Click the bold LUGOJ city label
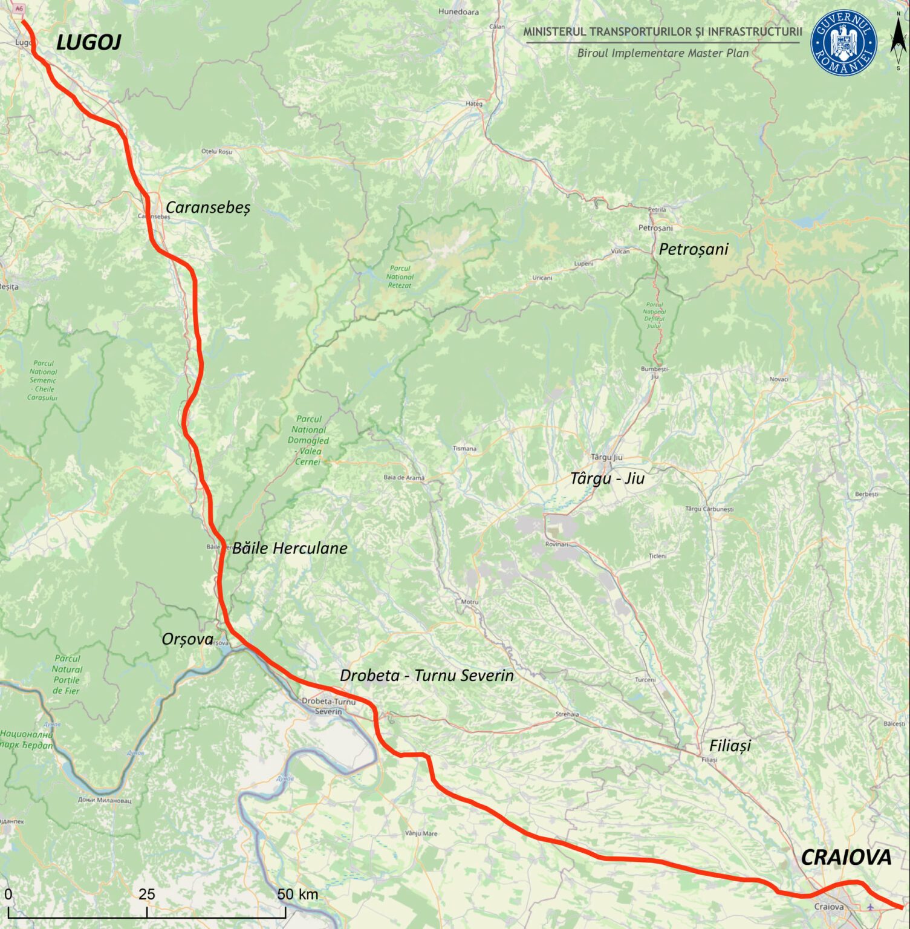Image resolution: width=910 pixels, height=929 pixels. click(88, 42)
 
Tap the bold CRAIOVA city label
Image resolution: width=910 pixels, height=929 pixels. click(845, 857)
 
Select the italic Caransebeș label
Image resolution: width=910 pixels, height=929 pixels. click(207, 207)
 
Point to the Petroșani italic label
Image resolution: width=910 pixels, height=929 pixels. click(693, 249)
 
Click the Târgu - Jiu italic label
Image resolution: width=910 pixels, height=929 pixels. click(607, 478)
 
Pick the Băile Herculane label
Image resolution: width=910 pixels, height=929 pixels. click(290, 549)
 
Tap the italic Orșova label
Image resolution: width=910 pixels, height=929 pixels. click(187, 639)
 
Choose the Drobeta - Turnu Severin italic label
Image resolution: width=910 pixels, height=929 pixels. click(426, 676)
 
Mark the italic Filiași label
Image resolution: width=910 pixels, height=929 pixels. click(730, 746)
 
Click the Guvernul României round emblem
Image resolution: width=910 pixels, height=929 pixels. click(843, 43)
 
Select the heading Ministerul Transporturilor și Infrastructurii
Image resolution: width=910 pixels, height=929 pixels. click(663, 31)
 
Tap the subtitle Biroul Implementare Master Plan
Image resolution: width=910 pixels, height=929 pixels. click(663, 53)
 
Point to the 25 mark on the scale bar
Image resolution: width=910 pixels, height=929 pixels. click(146, 895)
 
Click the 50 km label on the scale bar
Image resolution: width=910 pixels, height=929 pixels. click(297, 895)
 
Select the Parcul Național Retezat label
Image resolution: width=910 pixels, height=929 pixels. click(400, 277)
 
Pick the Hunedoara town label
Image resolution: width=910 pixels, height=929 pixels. click(458, 11)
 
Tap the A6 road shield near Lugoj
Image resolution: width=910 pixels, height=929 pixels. click(19, 8)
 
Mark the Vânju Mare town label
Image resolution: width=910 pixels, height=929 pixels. click(421, 833)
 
